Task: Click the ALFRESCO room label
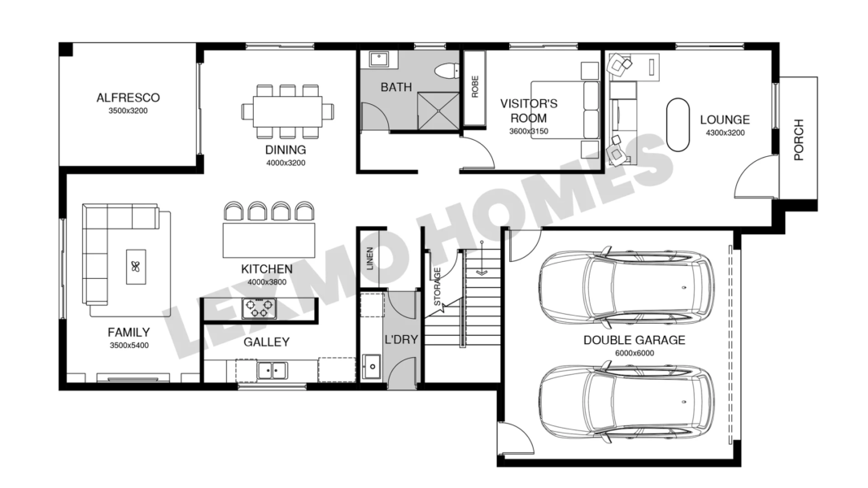[x=128, y=98]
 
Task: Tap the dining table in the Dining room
[x=287, y=111]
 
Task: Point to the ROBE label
[x=474, y=87]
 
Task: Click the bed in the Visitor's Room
[x=565, y=110]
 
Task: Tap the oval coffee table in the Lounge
[x=678, y=124]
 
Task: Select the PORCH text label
[x=798, y=140]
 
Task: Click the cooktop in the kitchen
[x=259, y=309]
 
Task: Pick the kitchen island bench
[x=269, y=240]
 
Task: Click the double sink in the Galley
[x=272, y=370]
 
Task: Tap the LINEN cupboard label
[x=370, y=258]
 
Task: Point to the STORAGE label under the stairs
[x=438, y=286]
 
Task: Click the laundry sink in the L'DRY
[x=372, y=366]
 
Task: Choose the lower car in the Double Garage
[x=626, y=401]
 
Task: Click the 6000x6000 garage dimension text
[x=635, y=353]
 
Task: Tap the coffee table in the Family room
[x=136, y=267]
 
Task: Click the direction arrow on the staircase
[x=482, y=259]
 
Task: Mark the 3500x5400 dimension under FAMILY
[x=129, y=346]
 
